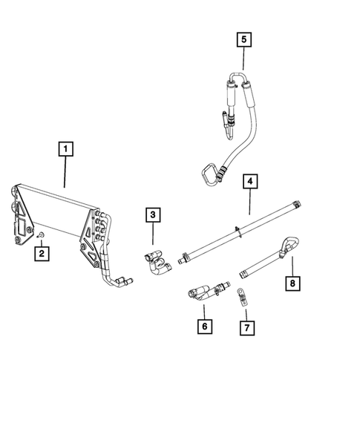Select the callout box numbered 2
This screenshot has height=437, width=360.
click(x=43, y=254)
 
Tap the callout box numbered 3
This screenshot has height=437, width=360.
click(x=153, y=215)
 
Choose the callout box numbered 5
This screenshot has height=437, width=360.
click(x=244, y=39)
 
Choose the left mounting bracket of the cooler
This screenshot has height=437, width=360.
click(x=22, y=215)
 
